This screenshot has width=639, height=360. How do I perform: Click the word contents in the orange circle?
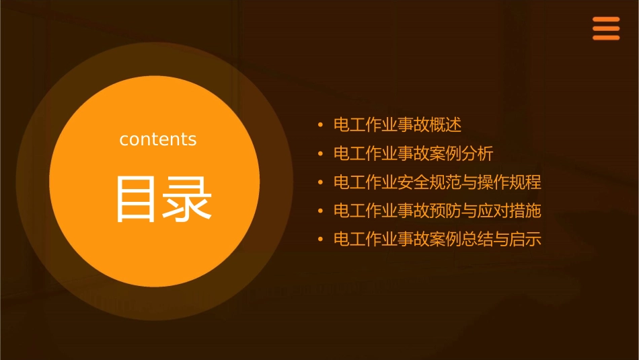(158, 139)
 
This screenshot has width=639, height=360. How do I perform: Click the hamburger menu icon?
(605, 29)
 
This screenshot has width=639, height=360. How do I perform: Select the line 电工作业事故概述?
(398, 125)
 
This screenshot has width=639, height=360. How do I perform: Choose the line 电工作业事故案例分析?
(413, 154)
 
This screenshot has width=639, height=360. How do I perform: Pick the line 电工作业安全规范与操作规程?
(437, 182)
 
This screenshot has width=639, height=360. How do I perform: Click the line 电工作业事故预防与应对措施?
(437, 211)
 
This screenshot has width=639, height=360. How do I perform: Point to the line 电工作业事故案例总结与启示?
(437, 240)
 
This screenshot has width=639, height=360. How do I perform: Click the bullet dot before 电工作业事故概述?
(321, 125)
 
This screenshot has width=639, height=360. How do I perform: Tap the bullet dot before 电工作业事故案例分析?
(321, 154)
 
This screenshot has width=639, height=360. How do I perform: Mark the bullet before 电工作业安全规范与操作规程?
(321, 182)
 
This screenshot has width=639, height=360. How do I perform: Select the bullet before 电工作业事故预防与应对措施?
(321, 211)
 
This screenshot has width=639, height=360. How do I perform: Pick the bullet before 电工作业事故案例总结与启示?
(321, 240)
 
